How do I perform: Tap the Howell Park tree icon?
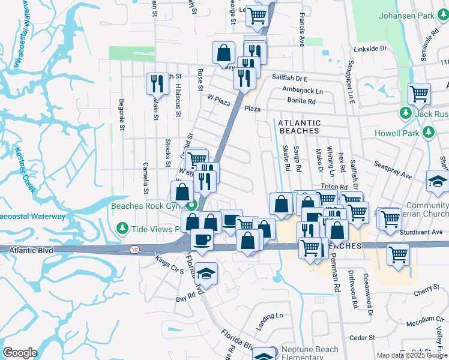click(x=429, y=132)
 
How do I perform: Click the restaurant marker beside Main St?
click(x=157, y=83)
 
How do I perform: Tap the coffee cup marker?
click(x=202, y=239)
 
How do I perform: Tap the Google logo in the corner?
click(x=20, y=353)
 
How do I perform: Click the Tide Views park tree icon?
click(x=122, y=229)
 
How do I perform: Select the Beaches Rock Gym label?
click(x=146, y=206)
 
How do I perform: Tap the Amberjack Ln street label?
click(x=303, y=90)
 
